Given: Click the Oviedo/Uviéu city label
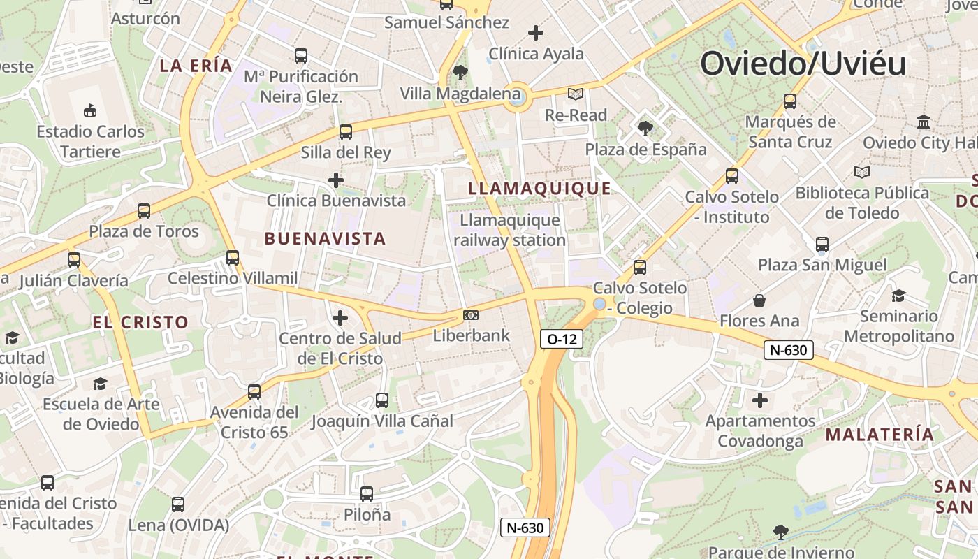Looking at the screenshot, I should pyautogui.click(x=803, y=64).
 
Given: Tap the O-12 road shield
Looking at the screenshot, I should pyautogui.click(x=562, y=340).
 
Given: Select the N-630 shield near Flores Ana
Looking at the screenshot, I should pyautogui.click(x=789, y=350).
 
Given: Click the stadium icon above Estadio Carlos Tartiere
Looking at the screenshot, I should pyautogui.click(x=90, y=110).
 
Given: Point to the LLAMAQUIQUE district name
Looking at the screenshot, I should pyautogui.click(x=539, y=189).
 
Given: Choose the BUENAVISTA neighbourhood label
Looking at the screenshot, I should pyautogui.click(x=325, y=239).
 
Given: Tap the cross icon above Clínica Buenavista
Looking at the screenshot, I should pyautogui.click(x=336, y=180).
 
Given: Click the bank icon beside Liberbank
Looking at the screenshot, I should pyautogui.click(x=471, y=315).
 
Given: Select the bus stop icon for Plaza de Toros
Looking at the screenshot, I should pyautogui.click(x=144, y=210).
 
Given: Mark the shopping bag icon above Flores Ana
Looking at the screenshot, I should pyautogui.click(x=759, y=301).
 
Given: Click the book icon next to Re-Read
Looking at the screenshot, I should pyautogui.click(x=576, y=94).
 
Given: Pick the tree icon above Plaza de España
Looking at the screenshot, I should pyautogui.click(x=645, y=128).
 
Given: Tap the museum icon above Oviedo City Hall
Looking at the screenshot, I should pyautogui.click(x=924, y=122).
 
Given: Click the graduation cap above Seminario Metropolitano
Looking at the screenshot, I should pyautogui.click(x=898, y=296).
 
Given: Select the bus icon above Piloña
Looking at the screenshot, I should pyautogui.click(x=367, y=494).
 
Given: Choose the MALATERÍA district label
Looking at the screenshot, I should pyautogui.click(x=880, y=435).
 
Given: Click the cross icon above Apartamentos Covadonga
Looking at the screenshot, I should pyautogui.click(x=759, y=400).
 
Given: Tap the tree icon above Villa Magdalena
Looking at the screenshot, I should pyautogui.click(x=460, y=72).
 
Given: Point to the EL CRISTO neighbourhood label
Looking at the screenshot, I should pyautogui.click(x=140, y=322).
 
